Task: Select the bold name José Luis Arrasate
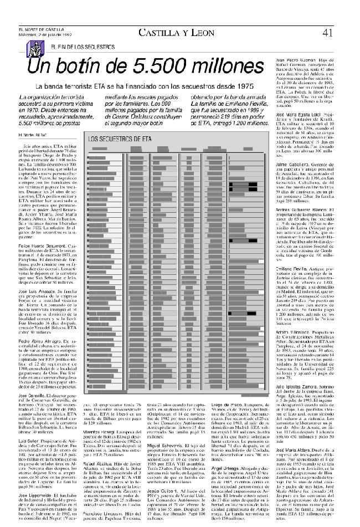38,290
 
